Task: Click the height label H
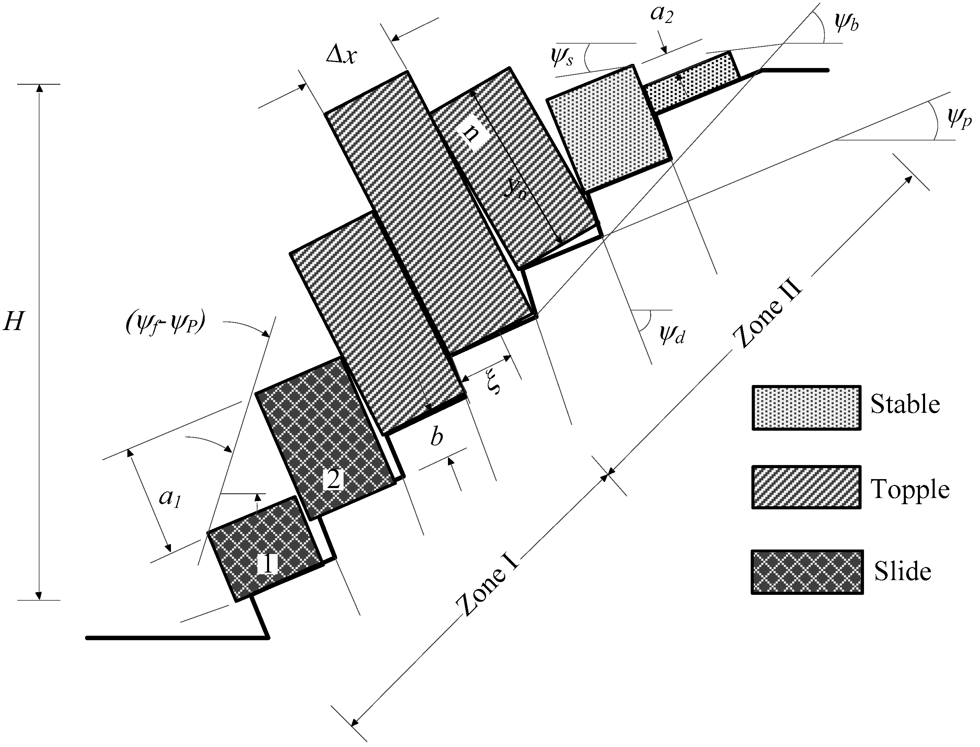(x=13, y=321)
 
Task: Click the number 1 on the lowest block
(x=267, y=564)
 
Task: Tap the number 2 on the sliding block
(x=333, y=479)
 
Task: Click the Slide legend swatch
(x=807, y=572)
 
